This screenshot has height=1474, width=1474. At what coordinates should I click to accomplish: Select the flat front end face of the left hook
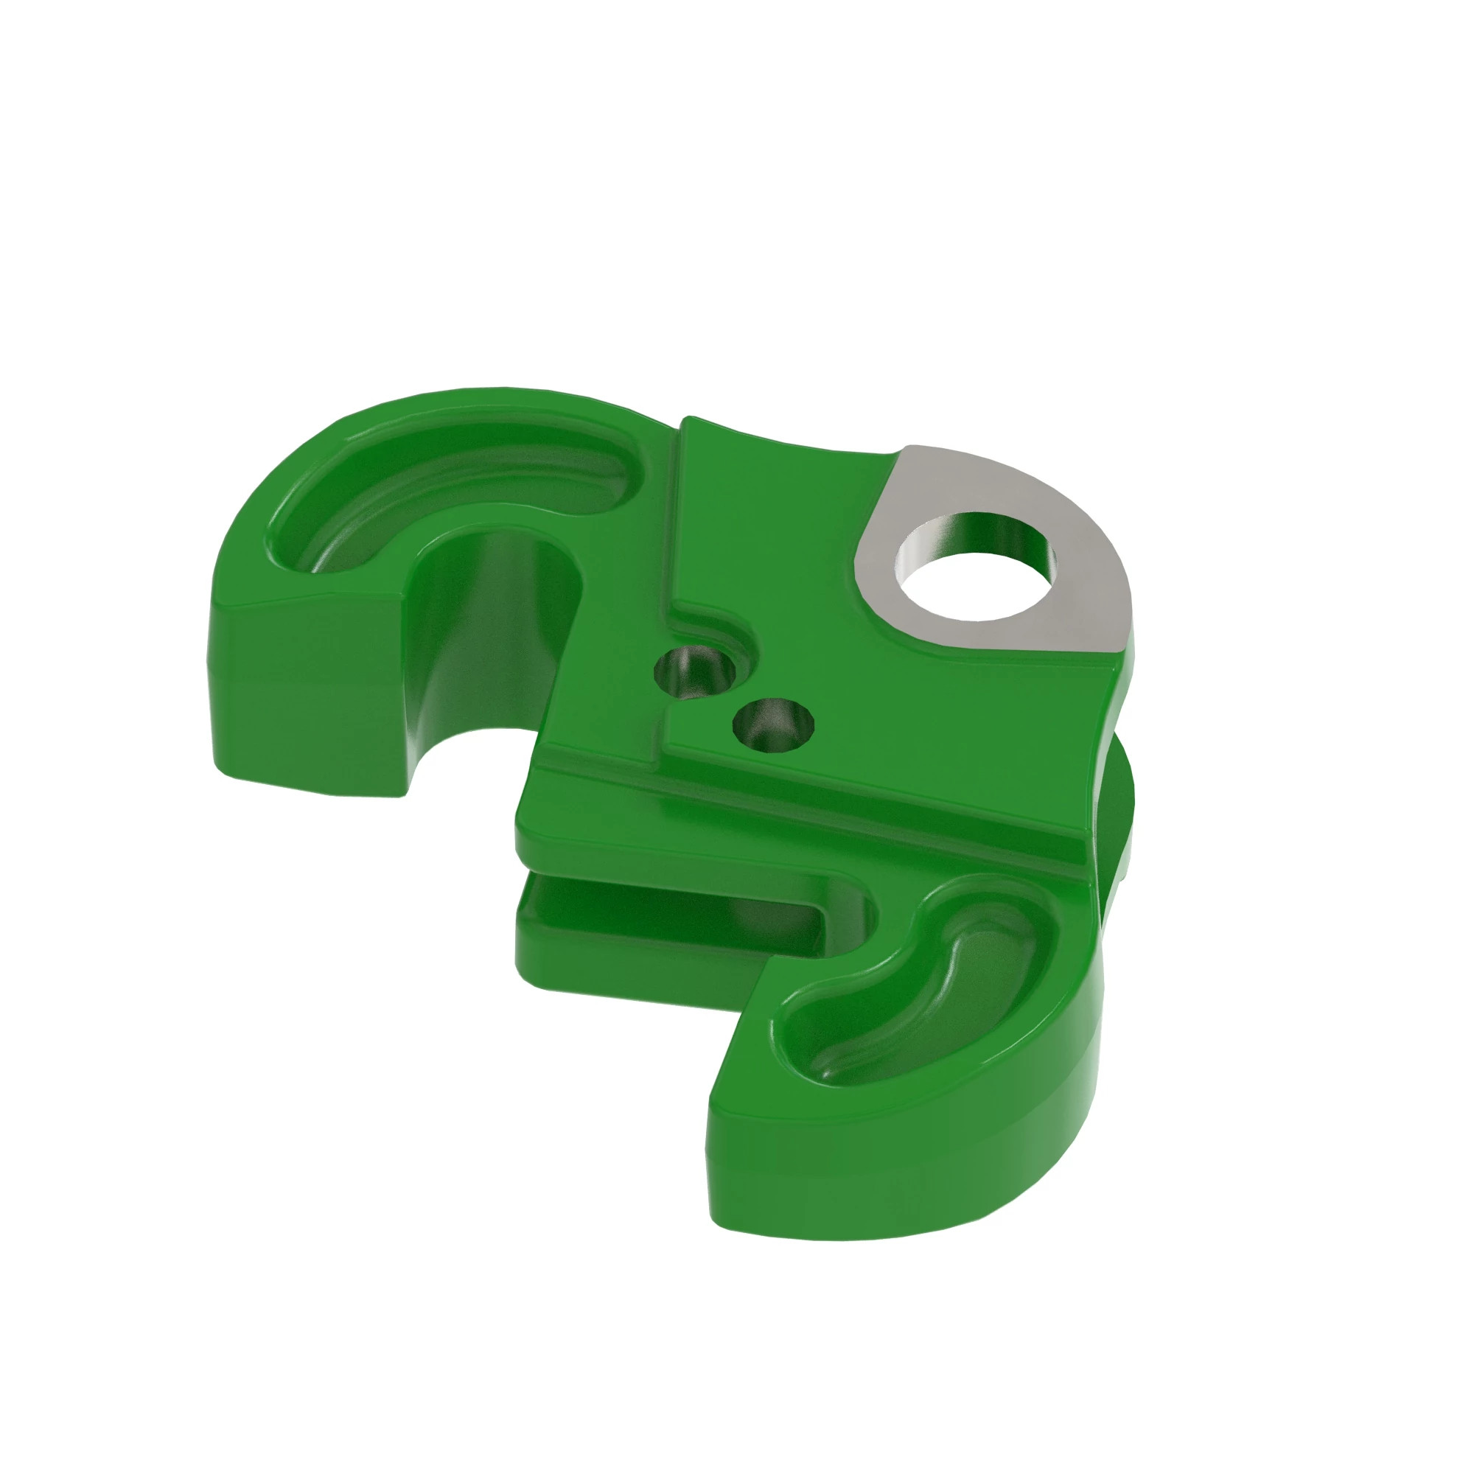[305, 687]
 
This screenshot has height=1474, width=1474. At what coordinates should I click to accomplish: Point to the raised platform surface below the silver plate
[915, 710]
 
